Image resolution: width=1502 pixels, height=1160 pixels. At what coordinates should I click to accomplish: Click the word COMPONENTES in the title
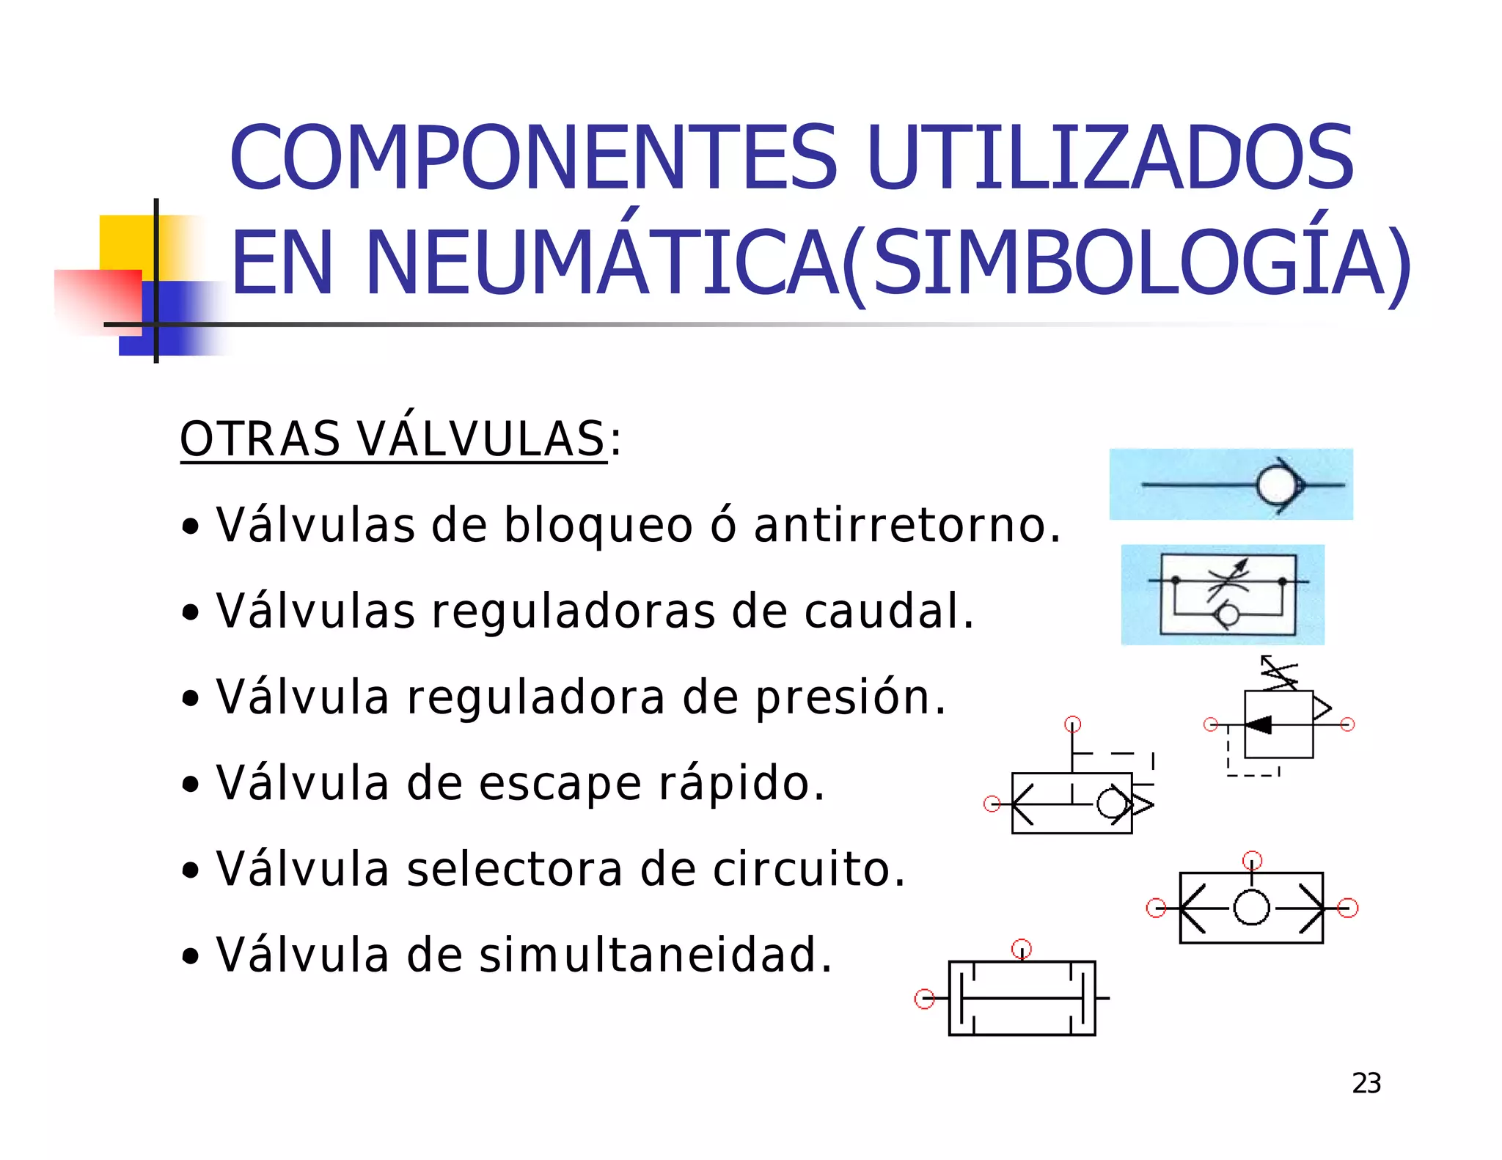532,158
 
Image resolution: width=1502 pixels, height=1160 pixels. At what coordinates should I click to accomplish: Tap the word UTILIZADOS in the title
1110,158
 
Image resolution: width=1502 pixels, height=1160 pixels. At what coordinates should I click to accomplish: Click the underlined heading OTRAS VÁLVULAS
393,439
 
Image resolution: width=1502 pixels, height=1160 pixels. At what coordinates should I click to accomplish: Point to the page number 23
1366,1083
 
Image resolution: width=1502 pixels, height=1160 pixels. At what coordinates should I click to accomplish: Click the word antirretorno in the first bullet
900,525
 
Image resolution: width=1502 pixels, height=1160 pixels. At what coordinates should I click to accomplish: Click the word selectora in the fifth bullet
514,869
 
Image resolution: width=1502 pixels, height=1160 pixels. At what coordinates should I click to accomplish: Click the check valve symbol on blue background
1231,485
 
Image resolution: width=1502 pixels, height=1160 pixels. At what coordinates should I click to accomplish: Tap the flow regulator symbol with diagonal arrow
1223,595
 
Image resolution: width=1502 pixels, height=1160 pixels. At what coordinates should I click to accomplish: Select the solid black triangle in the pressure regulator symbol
1259,724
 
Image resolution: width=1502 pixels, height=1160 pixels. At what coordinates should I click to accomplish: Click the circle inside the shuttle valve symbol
1251,907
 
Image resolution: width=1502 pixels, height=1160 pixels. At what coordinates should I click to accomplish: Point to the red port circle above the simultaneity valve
1022,949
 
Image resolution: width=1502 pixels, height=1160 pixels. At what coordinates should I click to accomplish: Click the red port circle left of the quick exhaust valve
992,804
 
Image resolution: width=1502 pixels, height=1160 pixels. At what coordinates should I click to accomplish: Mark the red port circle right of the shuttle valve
1347,908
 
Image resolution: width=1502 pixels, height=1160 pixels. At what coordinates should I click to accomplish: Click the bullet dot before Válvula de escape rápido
191,785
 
